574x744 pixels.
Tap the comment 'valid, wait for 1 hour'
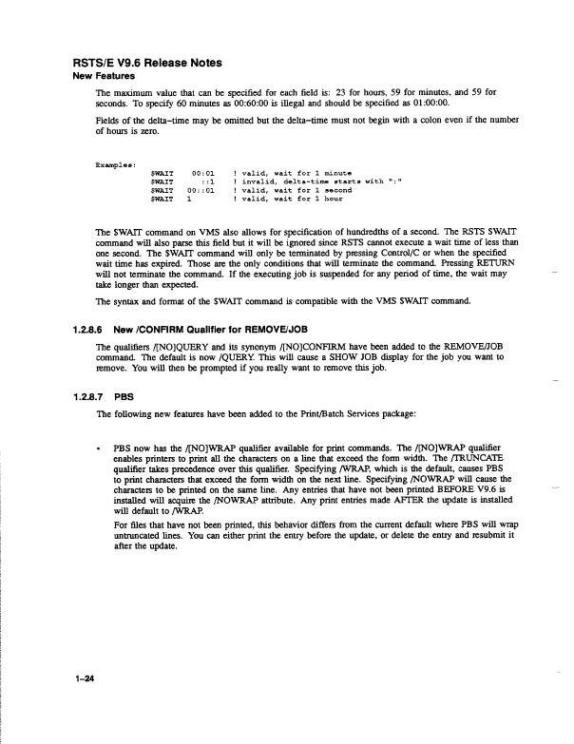[285, 200]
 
